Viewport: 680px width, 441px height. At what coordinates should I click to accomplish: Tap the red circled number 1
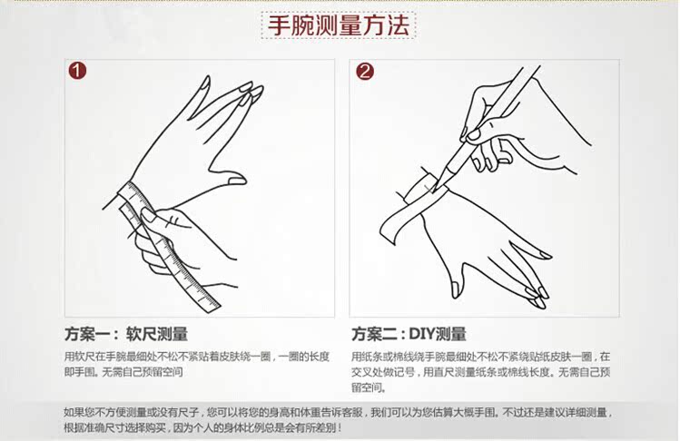(79, 72)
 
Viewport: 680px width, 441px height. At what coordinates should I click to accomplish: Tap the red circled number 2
(364, 72)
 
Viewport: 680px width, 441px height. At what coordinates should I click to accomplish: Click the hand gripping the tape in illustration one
(168, 240)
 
